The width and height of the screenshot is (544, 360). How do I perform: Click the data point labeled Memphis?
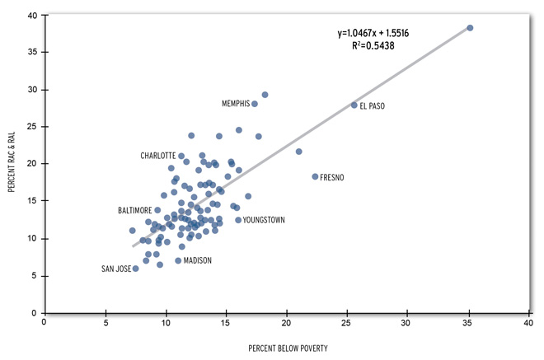click(x=255, y=104)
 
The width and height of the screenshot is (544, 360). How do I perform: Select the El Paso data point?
click(x=354, y=105)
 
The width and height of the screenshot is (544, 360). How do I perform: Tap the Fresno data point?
click(x=315, y=177)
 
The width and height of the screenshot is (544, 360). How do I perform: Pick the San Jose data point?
click(x=136, y=269)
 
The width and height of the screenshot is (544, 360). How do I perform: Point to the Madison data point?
click(x=178, y=261)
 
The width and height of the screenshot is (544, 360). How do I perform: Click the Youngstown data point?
click(x=238, y=220)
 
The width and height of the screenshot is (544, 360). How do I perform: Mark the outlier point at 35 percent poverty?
click(x=470, y=28)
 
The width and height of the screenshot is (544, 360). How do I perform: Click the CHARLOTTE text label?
click(x=157, y=156)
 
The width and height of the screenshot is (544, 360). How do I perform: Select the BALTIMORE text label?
click(x=134, y=211)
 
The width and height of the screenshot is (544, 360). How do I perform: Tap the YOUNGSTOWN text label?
click(x=264, y=220)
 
